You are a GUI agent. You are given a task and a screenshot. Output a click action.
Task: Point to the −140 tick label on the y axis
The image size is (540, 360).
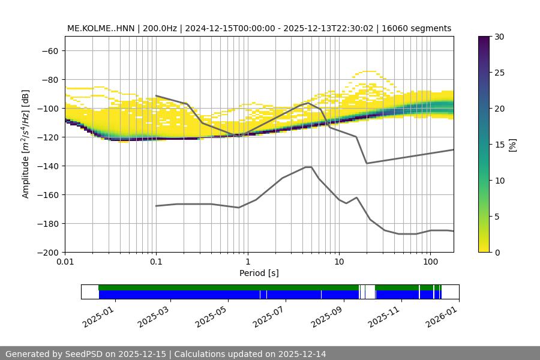(47, 166)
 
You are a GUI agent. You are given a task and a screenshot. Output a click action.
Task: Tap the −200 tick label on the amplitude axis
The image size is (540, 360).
(47, 252)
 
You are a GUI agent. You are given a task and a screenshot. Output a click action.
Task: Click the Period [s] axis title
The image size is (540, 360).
(259, 274)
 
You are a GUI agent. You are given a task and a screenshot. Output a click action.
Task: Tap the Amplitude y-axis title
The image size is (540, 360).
(26, 144)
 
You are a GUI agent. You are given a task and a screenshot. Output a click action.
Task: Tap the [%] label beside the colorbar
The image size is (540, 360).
(512, 145)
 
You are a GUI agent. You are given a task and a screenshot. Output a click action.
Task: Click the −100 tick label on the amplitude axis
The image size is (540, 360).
(47, 108)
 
